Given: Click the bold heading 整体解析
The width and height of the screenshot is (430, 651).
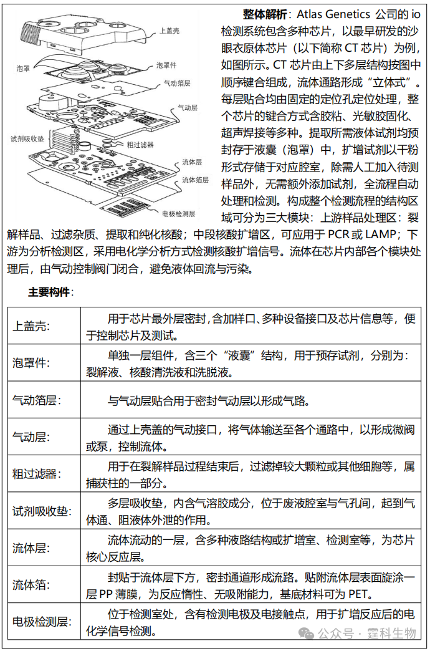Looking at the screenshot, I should point(264,14).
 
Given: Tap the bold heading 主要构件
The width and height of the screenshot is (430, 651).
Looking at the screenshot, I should point(50,292).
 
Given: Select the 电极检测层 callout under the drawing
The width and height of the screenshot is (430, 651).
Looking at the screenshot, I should point(178,213).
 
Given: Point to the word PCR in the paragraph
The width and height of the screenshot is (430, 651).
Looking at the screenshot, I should point(340,235).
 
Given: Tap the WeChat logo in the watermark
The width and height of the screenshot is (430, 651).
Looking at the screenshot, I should point(307,634).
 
